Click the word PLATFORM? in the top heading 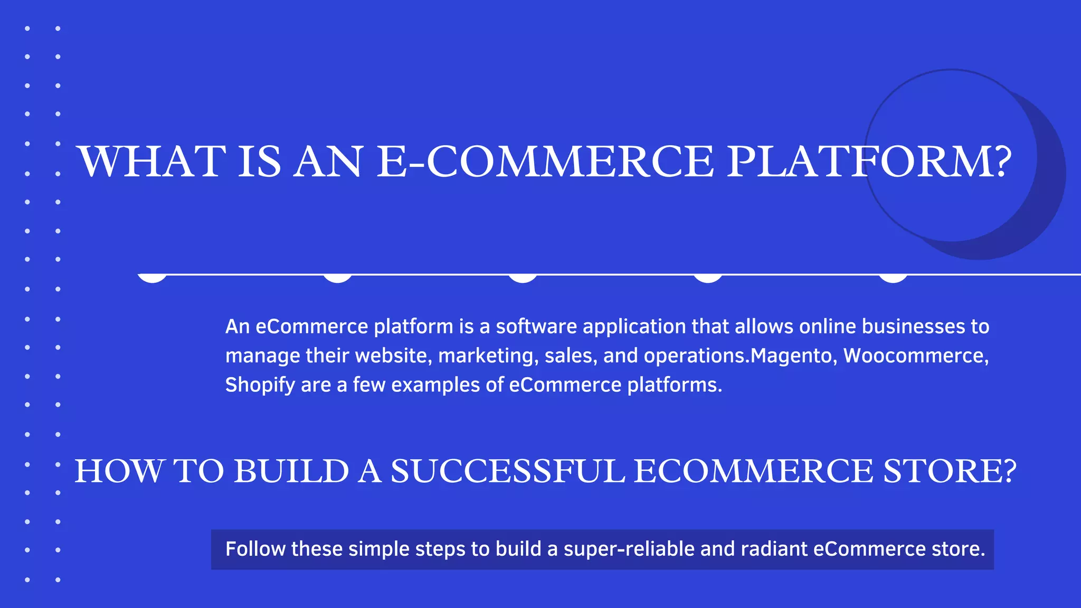pyautogui.click(x=869, y=161)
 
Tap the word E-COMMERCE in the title pyautogui.click(x=545, y=161)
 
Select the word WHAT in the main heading pyautogui.click(x=151, y=161)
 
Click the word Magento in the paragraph pyautogui.click(x=791, y=356)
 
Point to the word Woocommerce pyautogui.click(x=915, y=356)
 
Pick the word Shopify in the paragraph pyautogui.click(x=260, y=385)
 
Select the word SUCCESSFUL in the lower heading pyautogui.click(x=507, y=471)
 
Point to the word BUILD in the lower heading pyautogui.click(x=291, y=471)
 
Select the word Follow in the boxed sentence pyautogui.click(x=255, y=549)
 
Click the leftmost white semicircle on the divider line pyautogui.click(x=152, y=278)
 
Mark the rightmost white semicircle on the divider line pyautogui.click(x=893, y=278)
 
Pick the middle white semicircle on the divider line pyautogui.click(x=523, y=278)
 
